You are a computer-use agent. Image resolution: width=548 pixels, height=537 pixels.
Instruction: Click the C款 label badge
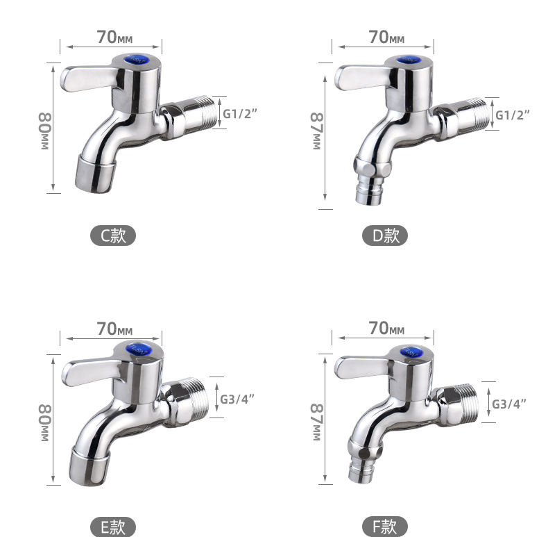(113, 236)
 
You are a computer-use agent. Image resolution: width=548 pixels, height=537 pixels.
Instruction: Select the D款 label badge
(385, 236)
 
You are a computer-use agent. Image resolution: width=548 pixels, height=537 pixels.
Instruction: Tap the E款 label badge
(113, 527)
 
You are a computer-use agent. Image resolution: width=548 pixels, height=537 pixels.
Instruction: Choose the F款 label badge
(385, 527)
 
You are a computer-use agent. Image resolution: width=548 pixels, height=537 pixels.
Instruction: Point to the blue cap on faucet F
(410, 351)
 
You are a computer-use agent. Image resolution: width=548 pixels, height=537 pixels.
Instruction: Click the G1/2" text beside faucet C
(240, 113)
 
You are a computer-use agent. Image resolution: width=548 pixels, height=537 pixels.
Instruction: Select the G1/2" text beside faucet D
(513, 115)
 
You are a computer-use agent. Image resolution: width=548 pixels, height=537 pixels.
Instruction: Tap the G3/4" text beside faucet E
(237, 399)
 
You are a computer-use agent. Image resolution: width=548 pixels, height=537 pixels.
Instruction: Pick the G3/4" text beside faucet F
(509, 404)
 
